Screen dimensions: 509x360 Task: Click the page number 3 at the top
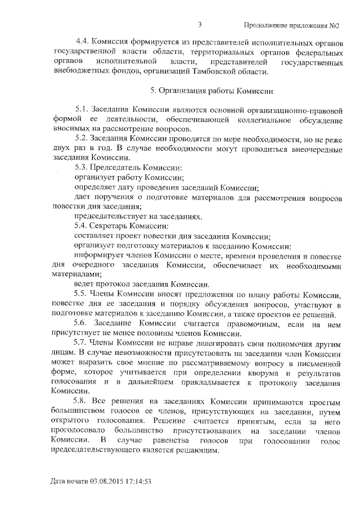tap(200, 25)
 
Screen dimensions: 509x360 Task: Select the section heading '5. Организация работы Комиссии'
tap(211, 91)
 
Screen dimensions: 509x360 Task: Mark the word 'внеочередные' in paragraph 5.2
tap(313, 148)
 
